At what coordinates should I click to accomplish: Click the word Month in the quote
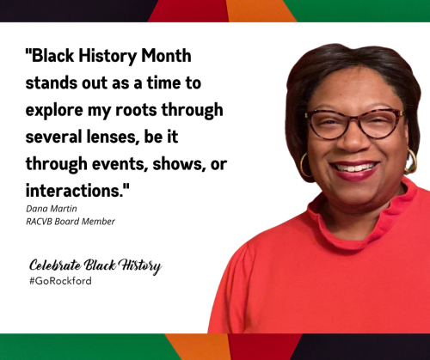[166, 55]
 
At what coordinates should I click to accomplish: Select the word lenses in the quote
[111, 137]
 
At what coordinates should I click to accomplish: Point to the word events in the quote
[120, 164]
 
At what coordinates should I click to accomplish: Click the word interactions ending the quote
[77, 190]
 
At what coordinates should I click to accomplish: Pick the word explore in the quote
[54, 111]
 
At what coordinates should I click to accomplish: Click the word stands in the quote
[52, 82]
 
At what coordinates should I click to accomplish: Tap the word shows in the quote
[179, 164]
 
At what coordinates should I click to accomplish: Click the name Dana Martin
[52, 209]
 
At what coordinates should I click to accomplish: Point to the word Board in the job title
[67, 222]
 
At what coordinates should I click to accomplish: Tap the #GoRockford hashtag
[60, 281]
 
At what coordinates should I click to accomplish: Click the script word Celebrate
[55, 265]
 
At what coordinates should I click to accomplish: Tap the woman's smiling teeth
[354, 168]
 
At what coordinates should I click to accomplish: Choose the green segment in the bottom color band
[86, 347]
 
